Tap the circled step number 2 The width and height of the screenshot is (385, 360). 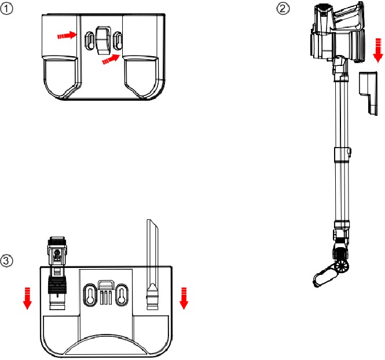282,8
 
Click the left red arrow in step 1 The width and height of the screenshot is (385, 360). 67,35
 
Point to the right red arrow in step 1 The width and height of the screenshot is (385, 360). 109,58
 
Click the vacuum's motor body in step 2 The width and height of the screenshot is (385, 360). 336,35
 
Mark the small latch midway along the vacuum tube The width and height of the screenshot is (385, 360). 350,151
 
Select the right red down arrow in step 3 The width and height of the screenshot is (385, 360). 184,299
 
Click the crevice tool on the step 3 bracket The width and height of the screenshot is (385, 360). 152,260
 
